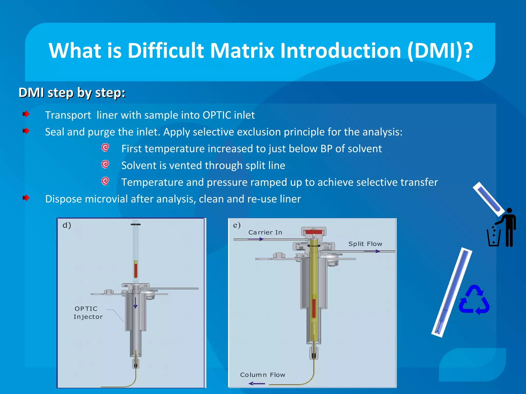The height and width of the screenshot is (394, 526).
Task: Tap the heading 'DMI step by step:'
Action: pyautogui.click(x=72, y=93)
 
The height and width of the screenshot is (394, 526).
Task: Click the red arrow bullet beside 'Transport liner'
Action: pyautogui.click(x=26, y=114)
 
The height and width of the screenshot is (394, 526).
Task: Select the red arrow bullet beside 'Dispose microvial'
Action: pyautogui.click(x=26, y=198)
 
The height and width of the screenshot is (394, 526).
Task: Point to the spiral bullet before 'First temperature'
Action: pyautogui.click(x=105, y=147)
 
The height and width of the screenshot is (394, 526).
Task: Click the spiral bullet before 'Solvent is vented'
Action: pyautogui.click(x=105, y=164)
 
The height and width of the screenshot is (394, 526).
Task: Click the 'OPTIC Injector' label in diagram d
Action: pyautogui.click(x=88, y=312)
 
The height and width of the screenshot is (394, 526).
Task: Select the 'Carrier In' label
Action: pyautogui.click(x=265, y=232)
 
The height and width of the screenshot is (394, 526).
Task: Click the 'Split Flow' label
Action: pyautogui.click(x=365, y=244)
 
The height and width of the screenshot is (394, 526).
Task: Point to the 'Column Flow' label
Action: pyautogui.click(x=262, y=375)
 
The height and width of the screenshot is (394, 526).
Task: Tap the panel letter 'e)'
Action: pyautogui.click(x=237, y=225)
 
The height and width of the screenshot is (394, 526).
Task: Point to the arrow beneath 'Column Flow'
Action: pyautogui.click(x=257, y=383)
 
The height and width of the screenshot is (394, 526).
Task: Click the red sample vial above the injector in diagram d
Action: pyautogui.click(x=136, y=269)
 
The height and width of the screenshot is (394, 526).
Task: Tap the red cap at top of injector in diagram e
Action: pyautogui.click(x=314, y=232)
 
